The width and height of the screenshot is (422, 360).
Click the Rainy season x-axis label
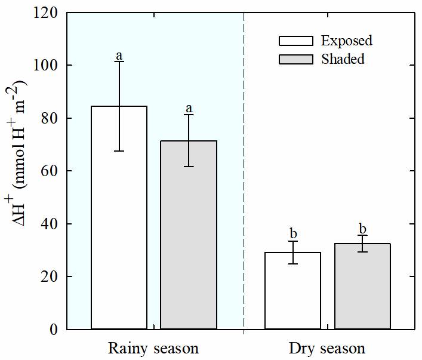coord(153,348)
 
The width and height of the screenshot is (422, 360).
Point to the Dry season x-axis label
coord(326,348)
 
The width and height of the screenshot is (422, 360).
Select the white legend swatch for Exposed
coord(295,41)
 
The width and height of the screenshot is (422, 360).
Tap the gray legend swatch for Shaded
coord(295,59)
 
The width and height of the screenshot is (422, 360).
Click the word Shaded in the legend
coord(343,59)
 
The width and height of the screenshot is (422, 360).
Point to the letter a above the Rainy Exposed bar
coord(119,56)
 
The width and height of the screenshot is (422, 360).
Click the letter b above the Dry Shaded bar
coord(362,229)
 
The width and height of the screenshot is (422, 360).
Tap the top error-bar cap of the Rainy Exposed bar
coord(119,61)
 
